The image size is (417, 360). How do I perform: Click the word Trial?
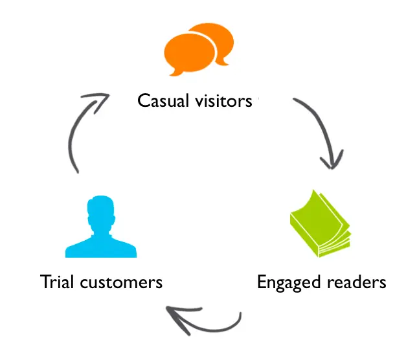pyautogui.click(x=57, y=282)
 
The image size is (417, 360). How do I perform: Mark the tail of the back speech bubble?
pyautogui.click(x=224, y=62)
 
